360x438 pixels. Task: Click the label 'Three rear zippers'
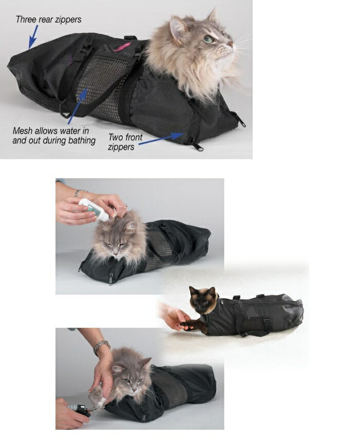coord(49,20)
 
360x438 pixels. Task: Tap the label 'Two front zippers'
coord(125,142)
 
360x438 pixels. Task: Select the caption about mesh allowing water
coord(54,136)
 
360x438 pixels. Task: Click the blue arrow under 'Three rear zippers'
coord(33,37)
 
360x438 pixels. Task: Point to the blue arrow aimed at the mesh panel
coord(78,106)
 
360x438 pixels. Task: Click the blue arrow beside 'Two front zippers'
coord(161,139)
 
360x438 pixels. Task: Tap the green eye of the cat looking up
coord(209,39)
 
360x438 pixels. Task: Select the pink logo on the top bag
coord(122,47)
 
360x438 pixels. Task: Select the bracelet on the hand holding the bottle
coord(79,193)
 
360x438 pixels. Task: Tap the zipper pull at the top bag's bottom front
coord(199,147)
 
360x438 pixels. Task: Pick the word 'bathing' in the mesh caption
coord(82,141)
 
